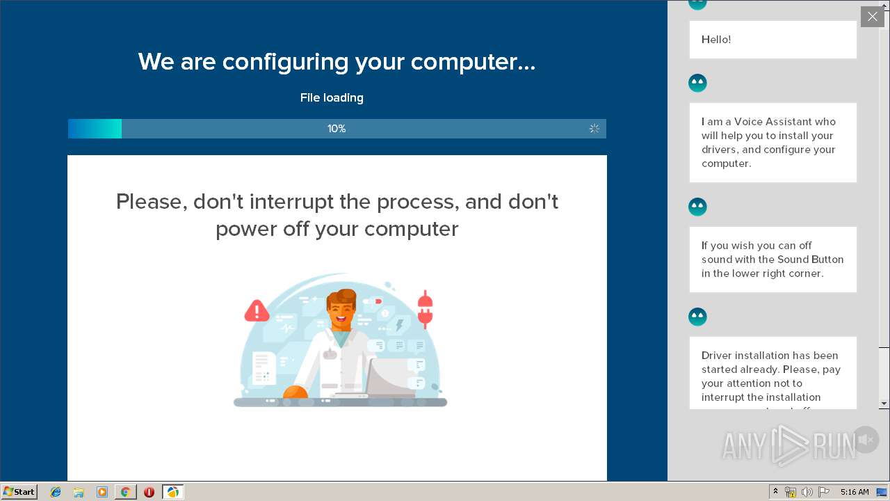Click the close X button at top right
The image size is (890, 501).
872,17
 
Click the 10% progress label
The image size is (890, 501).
337,129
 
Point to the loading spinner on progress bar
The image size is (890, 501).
594,129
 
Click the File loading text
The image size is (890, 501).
332,98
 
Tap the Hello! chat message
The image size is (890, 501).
716,40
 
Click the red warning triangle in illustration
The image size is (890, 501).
257,310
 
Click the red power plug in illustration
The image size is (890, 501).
425,310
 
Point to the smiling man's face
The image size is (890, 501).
341,311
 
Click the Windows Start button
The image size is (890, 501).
19,492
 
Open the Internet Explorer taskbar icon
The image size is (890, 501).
56,492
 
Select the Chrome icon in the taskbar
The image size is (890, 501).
125,492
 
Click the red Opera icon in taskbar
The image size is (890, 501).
149,492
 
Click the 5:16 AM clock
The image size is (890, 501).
855,492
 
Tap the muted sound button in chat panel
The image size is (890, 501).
866,440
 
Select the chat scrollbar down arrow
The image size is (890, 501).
884,404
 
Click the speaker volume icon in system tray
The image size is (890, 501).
807,492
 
